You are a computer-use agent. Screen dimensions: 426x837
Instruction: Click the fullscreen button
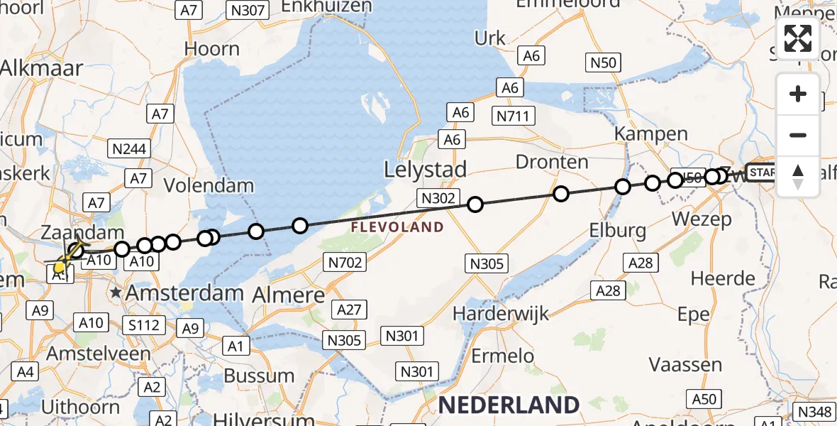798,38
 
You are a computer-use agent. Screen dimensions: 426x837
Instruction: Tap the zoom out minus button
798,135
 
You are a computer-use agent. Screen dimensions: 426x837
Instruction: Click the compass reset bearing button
798,176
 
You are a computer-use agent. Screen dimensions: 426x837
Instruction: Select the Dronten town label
552,162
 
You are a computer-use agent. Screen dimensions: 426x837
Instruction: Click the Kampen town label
651,133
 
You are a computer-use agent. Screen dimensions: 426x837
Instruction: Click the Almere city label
291,295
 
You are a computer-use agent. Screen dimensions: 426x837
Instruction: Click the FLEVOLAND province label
397,228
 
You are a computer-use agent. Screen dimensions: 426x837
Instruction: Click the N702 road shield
345,263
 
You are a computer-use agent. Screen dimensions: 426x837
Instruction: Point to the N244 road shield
128,148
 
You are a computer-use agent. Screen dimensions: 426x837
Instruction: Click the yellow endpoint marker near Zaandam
60,268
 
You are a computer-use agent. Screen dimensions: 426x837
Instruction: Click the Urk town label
490,38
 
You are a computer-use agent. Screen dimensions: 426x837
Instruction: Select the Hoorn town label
211,49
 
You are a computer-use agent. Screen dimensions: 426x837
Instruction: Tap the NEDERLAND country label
509,405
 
